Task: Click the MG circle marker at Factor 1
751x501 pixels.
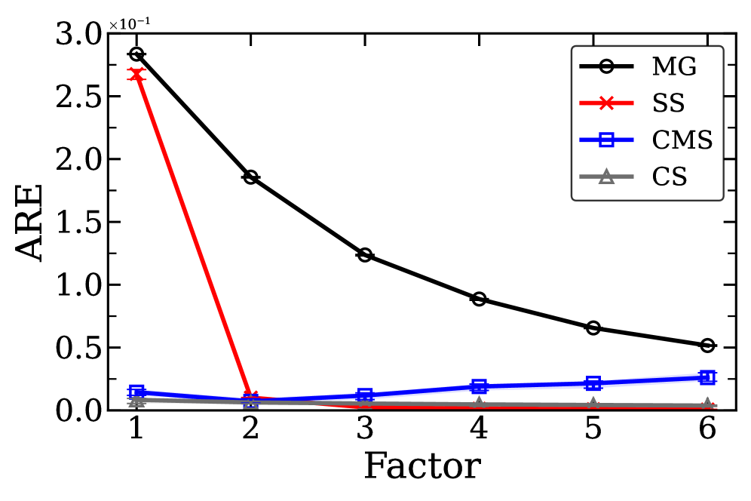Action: click(x=136, y=54)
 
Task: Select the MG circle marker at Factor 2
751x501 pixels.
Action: click(x=250, y=177)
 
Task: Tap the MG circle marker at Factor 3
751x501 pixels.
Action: click(x=365, y=255)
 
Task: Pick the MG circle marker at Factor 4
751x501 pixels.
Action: click(x=479, y=299)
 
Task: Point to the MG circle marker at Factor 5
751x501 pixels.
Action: click(x=593, y=327)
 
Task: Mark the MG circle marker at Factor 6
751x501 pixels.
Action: click(x=707, y=345)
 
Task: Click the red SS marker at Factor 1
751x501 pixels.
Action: click(x=136, y=74)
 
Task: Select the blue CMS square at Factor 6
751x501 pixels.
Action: click(x=707, y=377)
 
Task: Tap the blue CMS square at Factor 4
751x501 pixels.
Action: click(x=479, y=386)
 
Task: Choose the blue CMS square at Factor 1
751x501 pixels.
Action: click(x=136, y=392)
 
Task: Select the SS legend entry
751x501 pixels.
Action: click(x=668, y=104)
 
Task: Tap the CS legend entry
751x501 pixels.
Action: click(x=668, y=177)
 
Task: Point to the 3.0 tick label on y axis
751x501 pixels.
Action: click(x=79, y=34)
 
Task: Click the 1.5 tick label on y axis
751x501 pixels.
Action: click(x=79, y=223)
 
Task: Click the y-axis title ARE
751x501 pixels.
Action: click(x=32, y=223)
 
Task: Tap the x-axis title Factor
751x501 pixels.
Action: click(x=421, y=466)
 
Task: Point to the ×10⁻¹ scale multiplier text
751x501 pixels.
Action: click(x=128, y=24)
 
